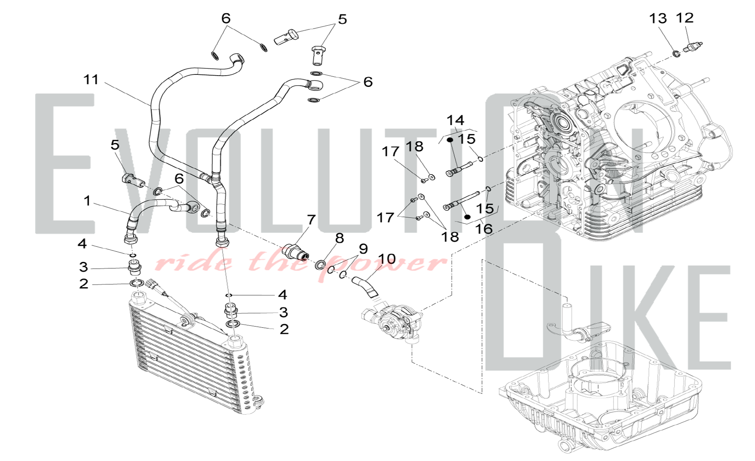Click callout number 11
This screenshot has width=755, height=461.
coord(91,80)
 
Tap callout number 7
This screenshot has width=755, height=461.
coord(311,220)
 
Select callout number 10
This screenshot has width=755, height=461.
coord(387,259)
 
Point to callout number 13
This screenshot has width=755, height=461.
coord(658,19)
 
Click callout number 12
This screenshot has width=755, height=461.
coord(685,18)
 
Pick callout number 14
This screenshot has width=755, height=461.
coord(455,121)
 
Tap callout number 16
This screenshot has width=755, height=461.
coord(484,229)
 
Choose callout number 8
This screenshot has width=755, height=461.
coord(339,238)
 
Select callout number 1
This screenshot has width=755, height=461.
coord(87,201)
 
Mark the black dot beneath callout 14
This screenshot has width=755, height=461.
coord(450,140)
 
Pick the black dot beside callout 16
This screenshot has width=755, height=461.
coord(467,217)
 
